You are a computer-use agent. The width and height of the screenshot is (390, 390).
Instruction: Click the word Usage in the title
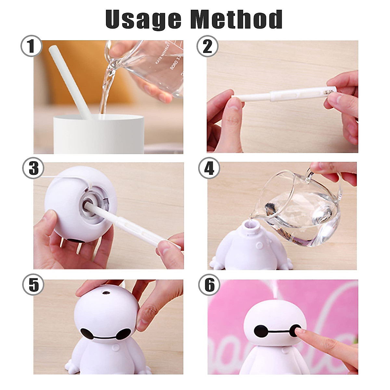point(143,19)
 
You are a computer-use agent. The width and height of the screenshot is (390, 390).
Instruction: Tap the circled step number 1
point(32,46)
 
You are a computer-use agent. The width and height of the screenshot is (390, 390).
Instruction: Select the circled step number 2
point(207,46)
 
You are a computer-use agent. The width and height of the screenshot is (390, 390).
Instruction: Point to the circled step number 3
point(33,168)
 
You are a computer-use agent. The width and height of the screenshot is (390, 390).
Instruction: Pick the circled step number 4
point(209,168)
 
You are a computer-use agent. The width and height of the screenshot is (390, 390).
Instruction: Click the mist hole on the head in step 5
point(106,293)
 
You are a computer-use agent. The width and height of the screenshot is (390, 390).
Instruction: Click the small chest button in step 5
point(115,348)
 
